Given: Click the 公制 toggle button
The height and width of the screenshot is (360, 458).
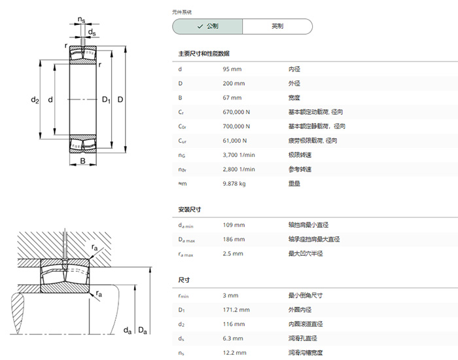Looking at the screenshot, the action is [x=207, y=26].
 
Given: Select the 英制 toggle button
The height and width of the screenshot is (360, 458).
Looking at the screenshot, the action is [x=277, y=26].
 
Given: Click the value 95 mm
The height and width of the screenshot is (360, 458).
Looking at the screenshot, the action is [x=232, y=69].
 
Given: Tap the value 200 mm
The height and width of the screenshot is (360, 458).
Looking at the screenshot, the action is [x=234, y=84].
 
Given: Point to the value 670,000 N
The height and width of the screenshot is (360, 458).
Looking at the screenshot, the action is [x=236, y=112].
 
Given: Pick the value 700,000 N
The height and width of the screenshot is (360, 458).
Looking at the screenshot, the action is [x=236, y=126].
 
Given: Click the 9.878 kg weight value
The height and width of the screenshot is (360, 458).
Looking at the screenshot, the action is [x=234, y=184].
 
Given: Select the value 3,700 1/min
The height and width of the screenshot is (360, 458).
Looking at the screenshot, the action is [x=239, y=155].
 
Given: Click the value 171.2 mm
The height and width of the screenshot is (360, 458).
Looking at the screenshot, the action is [x=236, y=310].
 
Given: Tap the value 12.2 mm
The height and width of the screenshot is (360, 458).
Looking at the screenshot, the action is [x=234, y=353].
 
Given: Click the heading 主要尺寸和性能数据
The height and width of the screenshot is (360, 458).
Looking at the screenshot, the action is [x=204, y=54].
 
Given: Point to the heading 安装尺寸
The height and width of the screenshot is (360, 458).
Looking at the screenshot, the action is [x=190, y=209].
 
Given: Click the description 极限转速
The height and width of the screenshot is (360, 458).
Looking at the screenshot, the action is [x=300, y=155].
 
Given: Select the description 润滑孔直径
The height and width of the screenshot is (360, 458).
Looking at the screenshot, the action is [x=302, y=338].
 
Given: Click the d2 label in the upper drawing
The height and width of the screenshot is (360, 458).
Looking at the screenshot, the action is [x=35, y=100].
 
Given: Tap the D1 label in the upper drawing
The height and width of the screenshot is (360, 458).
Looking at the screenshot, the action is [x=106, y=100].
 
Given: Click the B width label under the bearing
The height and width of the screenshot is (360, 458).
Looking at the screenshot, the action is [x=83, y=161].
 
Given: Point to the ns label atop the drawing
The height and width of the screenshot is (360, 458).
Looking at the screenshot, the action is [x=82, y=20].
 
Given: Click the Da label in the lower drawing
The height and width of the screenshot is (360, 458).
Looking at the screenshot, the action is [x=142, y=331].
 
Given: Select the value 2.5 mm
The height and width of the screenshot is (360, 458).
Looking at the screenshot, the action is [x=233, y=254].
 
